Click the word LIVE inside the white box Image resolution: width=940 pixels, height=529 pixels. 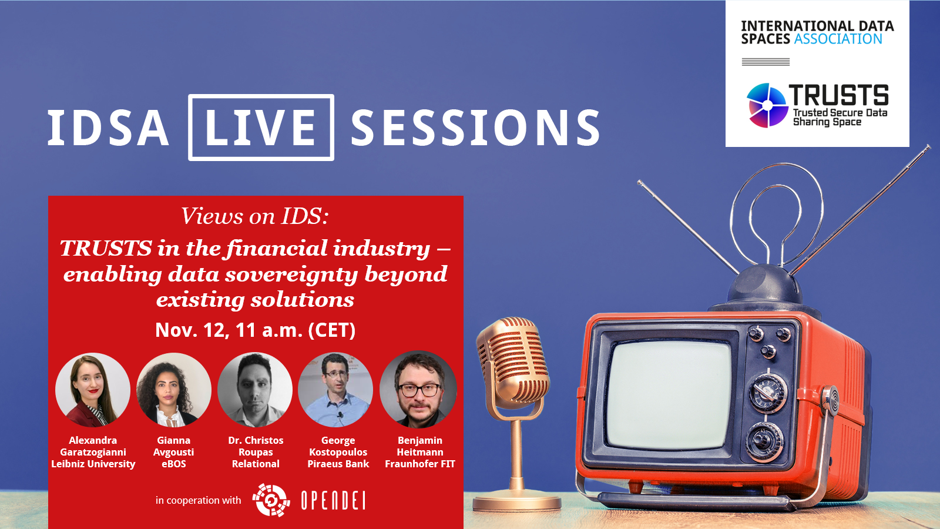click(x=260, y=127)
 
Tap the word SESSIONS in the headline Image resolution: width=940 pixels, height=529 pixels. click(x=475, y=128)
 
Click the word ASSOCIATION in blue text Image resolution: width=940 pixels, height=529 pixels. click(x=838, y=39)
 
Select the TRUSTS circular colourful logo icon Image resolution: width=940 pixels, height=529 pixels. click(x=767, y=105)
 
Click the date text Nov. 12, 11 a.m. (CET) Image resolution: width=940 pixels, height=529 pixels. click(x=255, y=330)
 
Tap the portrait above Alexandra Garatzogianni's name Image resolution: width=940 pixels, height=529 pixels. click(x=93, y=390)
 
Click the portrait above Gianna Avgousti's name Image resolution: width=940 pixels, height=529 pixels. click(x=174, y=390)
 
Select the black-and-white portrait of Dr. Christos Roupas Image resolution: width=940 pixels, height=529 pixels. click(x=255, y=390)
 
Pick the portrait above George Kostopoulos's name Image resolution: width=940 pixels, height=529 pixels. click(x=335, y=390)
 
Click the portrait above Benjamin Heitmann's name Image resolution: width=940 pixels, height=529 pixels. click(x=418, y=390)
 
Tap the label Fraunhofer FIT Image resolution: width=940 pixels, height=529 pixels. click(x=420, y=464)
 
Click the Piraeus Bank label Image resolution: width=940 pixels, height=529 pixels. click(x=338, y=464)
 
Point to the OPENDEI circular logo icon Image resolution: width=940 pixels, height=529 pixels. click(x=271, y=500)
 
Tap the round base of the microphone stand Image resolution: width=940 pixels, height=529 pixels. click(x=516, y=501)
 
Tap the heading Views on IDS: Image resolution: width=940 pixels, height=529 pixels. click(x=255, y=216)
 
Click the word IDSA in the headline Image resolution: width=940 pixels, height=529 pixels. click(x=108, y=128)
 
